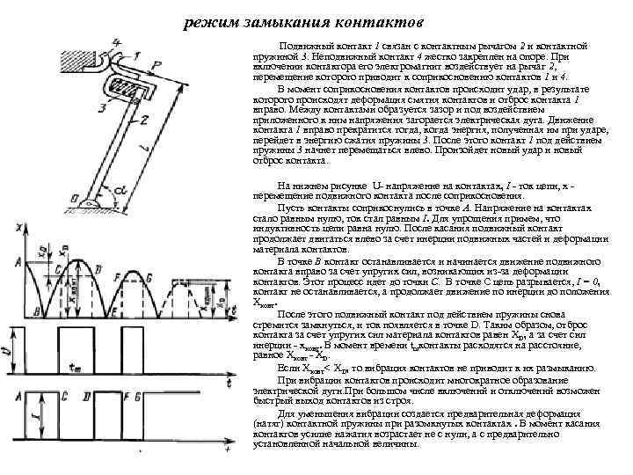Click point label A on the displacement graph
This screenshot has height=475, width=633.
click(x=18, y=261)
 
